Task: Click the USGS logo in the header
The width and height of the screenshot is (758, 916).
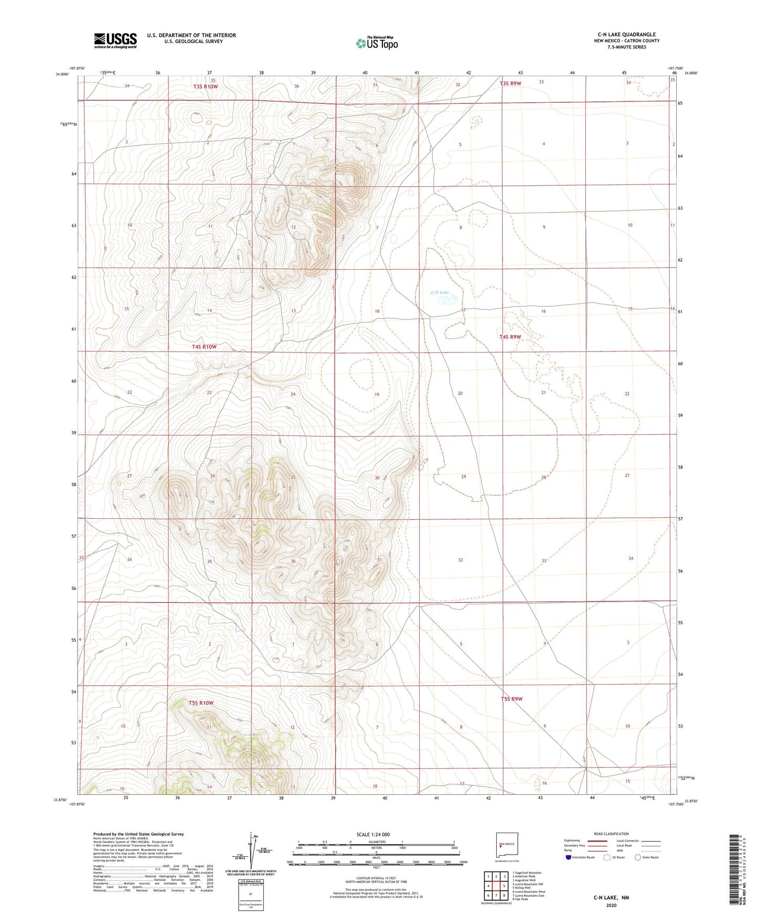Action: pos(115,40)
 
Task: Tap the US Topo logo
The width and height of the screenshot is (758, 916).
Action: pos(377,43)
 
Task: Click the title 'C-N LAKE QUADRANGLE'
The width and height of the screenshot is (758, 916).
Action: pos(623,35)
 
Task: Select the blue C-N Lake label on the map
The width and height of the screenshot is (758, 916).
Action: pos(440,293)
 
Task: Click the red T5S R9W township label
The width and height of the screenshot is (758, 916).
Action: pos(511,699)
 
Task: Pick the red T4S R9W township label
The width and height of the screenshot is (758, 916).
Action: pos(510,337)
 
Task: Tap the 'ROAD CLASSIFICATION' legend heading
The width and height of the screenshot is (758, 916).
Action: pos(611,834)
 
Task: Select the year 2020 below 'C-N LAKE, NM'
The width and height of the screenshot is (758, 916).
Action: pos(611,905)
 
